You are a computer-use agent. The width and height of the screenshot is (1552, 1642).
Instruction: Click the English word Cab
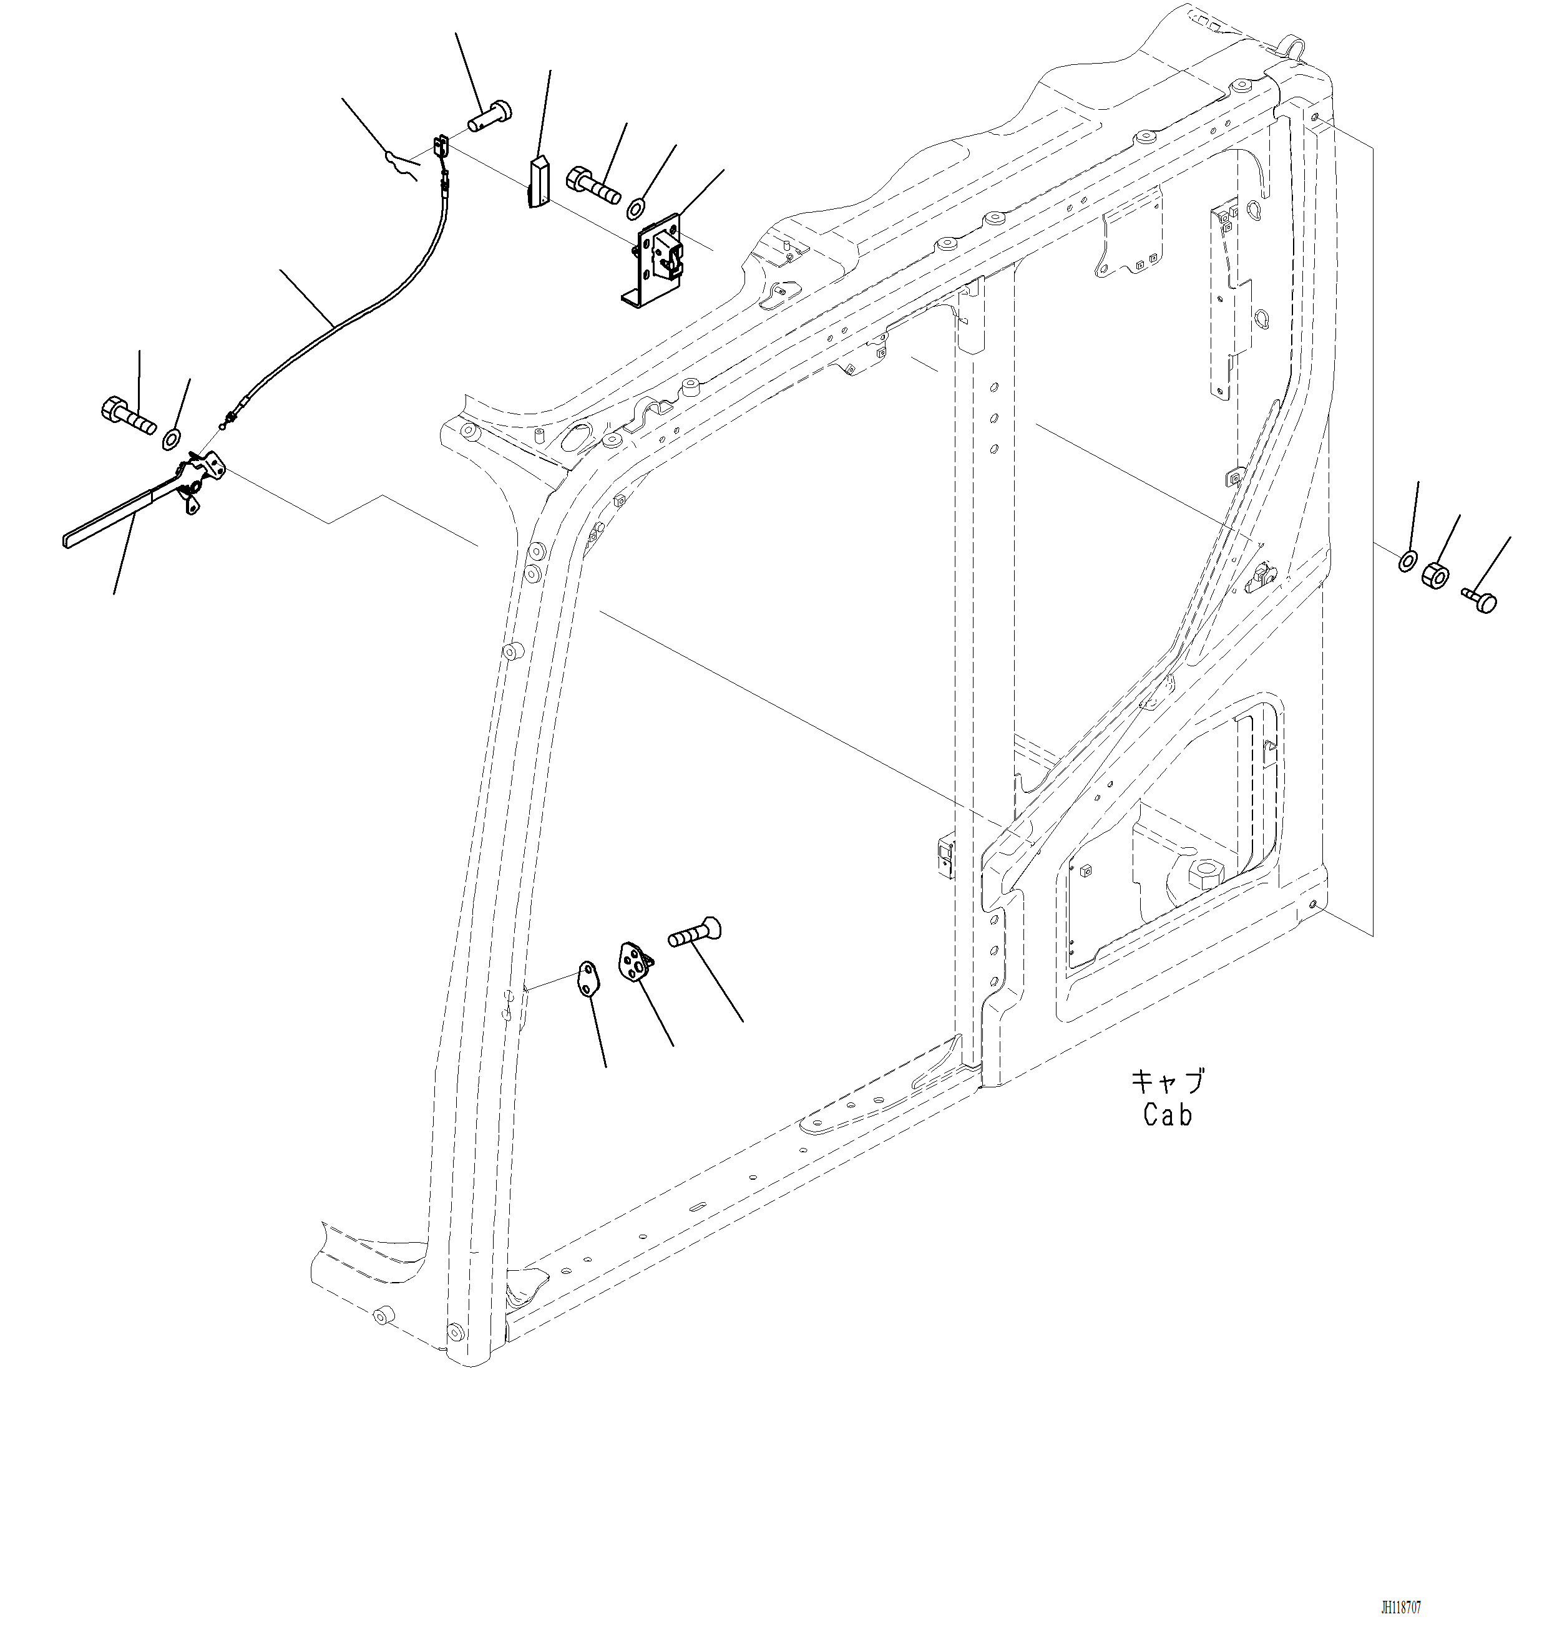pos(1168,1115)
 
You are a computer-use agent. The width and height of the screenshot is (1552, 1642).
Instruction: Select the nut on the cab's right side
pos(1435,574)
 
